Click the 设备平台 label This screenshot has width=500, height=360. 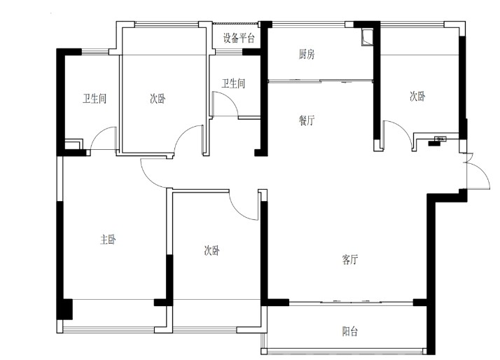(239, 39)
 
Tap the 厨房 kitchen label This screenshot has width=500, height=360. (307, 54)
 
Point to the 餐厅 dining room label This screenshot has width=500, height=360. (307, 120)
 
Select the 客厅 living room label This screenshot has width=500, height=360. (350, 260)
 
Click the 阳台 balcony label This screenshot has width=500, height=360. (350, 331)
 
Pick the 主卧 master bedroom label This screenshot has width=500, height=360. (108, 239)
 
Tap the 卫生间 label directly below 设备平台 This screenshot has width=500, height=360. (233, 83)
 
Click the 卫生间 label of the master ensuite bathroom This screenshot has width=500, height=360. (95, 99)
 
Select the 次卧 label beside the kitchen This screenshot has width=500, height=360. (417, 96)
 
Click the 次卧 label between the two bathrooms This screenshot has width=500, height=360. (158, 99)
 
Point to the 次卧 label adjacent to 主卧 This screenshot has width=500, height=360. (212, 251)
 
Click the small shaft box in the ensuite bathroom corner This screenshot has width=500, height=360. (74, 144)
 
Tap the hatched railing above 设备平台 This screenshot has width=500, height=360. (235, 23)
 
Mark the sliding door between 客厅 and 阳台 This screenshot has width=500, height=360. (351, 301)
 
